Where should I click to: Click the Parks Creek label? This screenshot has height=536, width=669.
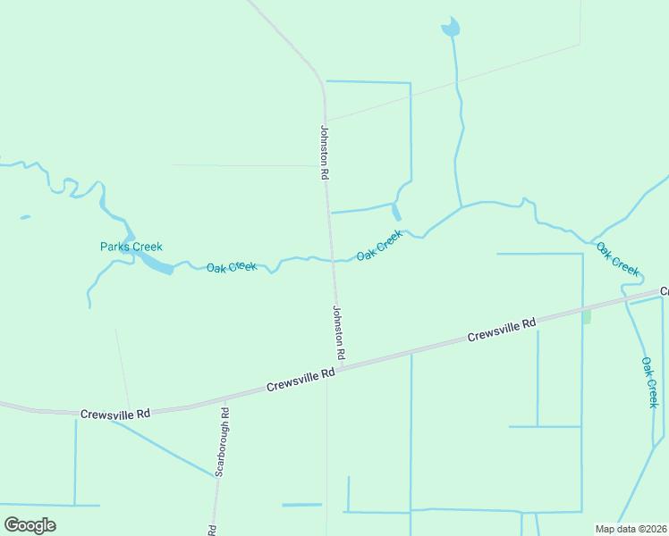(131, 247)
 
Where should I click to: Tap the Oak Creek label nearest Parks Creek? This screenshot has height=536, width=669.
(232, 267)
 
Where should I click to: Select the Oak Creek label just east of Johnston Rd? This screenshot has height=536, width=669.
(379, 246)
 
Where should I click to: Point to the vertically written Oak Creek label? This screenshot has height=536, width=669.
(650, 382)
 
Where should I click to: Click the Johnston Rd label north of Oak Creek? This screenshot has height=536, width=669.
(325, 153)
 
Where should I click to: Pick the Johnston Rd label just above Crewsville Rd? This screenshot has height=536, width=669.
(338, 333)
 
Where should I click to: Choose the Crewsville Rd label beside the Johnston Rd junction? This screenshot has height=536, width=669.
(301, 381)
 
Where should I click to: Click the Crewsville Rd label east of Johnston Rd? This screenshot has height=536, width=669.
(501, 331)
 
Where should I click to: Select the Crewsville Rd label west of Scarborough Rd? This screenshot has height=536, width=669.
(114, 415)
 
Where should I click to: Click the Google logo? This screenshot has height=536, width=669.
(30, 524)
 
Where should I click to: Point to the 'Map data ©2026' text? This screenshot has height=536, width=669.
(631, 529)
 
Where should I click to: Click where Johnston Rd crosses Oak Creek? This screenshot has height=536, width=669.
(333, 260)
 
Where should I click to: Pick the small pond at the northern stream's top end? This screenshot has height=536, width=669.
(450, 29)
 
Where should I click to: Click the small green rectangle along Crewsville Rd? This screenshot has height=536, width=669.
(587, 317)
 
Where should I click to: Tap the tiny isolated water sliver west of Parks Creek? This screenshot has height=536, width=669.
(25, 217)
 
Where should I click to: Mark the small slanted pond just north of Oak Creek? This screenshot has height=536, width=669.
(395, 212)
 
